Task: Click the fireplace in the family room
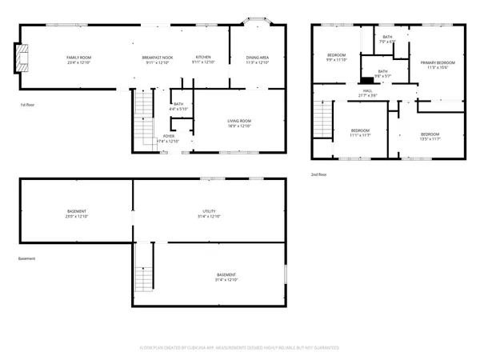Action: (24, 58)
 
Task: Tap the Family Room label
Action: (78, 58)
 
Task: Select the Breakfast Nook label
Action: (157, 58)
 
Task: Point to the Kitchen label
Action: (204, 58)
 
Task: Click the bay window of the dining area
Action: (258, 21)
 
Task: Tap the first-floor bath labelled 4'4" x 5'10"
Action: (178, 106)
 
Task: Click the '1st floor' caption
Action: (28, 105)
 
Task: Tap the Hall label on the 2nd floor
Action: (368, 90)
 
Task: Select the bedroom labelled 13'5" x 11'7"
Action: (430, 136)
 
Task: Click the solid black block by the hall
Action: (367, 80)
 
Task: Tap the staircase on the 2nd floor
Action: (322, 122)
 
